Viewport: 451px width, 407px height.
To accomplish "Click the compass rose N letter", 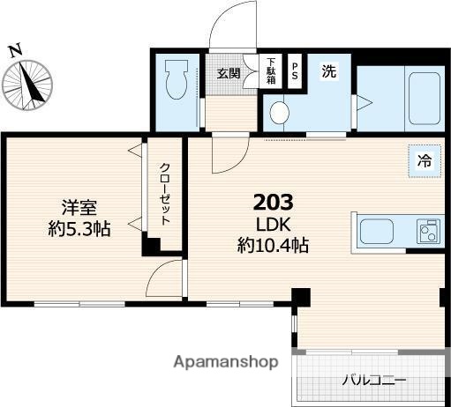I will click(x=15, y=51).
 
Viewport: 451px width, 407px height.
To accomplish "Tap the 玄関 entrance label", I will click(x=228, y=73).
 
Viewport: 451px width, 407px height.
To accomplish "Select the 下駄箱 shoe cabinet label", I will click(x=270, y=71).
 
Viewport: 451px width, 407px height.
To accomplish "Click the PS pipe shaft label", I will click(x=295, y=70).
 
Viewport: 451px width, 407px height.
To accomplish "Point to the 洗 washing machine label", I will click(x=328, y=73).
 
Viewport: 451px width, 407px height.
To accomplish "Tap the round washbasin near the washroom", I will click(x=280, y=113).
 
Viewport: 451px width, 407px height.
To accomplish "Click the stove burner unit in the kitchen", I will click(x=428, y=233).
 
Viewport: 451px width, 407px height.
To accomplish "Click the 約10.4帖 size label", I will click(x=273, y=246).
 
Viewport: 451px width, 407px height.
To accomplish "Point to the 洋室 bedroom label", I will click(x=79, y=208).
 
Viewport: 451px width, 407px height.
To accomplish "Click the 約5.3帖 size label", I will click(x=79, y=229).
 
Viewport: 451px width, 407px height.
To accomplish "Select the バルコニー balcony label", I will click(x=374, y=381).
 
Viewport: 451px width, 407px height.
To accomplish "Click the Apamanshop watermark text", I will click(x=226, y=362).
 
